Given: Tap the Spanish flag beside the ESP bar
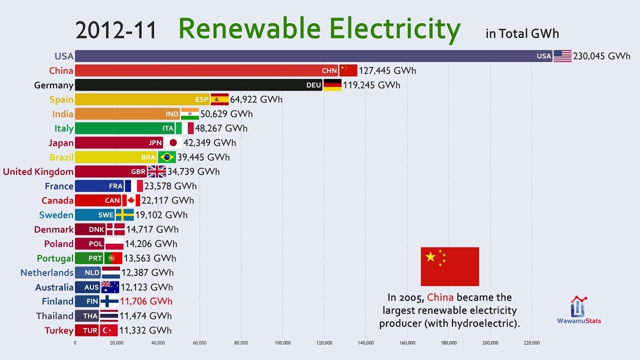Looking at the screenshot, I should [x=219, y=99].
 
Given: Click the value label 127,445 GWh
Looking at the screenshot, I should [x=387, y=70].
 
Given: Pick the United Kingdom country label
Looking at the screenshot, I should [x=38, y=171].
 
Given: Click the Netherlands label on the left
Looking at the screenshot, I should [x=47, y=272].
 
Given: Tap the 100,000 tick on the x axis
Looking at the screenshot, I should [x=282, y=343].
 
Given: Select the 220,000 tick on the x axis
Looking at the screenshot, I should [x=531, y=343].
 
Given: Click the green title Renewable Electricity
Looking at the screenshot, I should [x=319, y=29].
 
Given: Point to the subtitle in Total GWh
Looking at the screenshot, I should [x=522, y=33].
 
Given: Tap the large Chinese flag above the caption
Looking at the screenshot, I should [x=449, y=266].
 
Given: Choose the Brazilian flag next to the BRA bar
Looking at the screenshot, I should [x=167, y=157].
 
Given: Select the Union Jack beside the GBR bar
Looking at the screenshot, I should [x=157, y=171].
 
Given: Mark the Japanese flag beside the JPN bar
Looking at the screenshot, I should [x=173, y=143].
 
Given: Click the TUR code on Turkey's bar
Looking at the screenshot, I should [x=90, y=330].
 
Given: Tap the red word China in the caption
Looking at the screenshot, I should [x=440, y=298].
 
